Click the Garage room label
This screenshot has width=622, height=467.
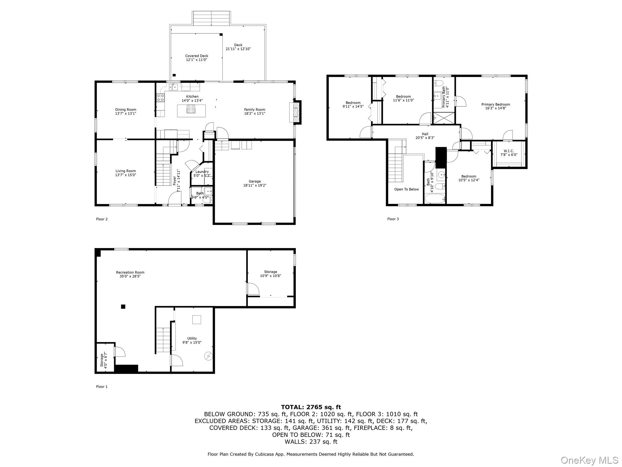click(255, 182)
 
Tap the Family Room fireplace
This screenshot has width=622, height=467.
click(296, 112)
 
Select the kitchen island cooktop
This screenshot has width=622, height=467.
click(191, 109)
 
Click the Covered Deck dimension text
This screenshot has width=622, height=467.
click(197, 60)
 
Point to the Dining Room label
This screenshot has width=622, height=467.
click(125, 109)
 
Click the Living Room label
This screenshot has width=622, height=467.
click(125, 171)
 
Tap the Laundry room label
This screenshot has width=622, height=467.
click(202, 172)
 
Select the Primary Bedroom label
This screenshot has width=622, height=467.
click(496, 104)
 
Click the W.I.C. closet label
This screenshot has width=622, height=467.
click(509, 151)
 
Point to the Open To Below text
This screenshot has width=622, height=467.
click(406, 189)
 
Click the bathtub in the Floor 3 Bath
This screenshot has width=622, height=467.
click(435, 199)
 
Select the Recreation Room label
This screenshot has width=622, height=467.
click(130, 272)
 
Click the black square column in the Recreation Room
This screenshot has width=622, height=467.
click(123, 306)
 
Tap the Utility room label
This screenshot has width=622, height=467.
click(192, 338)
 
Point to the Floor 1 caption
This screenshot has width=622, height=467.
click(102, 387)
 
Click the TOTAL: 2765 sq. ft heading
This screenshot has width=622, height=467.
click(311, 407)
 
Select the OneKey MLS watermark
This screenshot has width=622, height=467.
click(589, 460)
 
